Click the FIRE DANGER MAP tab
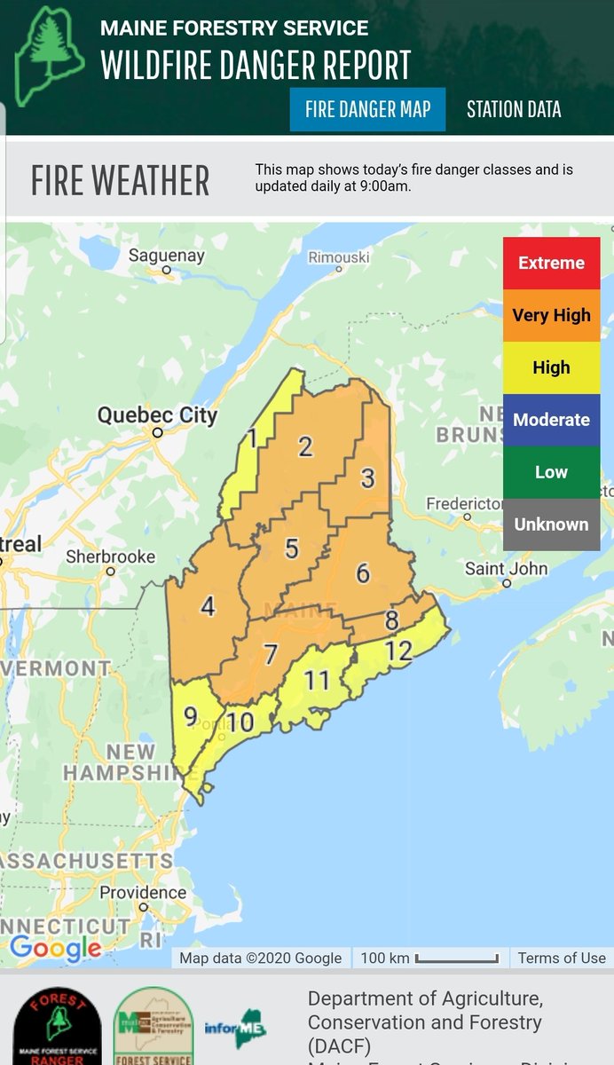pyautogui.click(x=367, y=109)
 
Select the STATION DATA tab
pyautogui.click(x=514, y=109)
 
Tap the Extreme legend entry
pyautogui.click(x=551, y=263)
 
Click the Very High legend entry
pyautogui.click(x=551, y=315)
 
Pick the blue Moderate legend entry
pyautogui.click(x=551, y=420)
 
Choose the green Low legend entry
pyautogui.click(x=551, y=472)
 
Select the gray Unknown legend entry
pyautogui.click(x=551, y=524)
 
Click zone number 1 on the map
pyautogui.click(x=252, y=438)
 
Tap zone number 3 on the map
pyautogui.click(x=367, y=478)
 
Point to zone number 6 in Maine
pyautogui.click(x=362, y=573)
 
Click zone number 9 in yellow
pyautogui.click(x=191, y=715)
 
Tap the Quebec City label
pyautogui.click(x=157, y=415)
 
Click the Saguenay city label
pyautogui.click(x=167, y=256)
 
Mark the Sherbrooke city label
pyautogui.click(x=111, y=557)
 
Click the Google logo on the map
pyautogui.click(x=55, y=949)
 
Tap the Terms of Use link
pyautogui.click(x=562, y=958)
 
